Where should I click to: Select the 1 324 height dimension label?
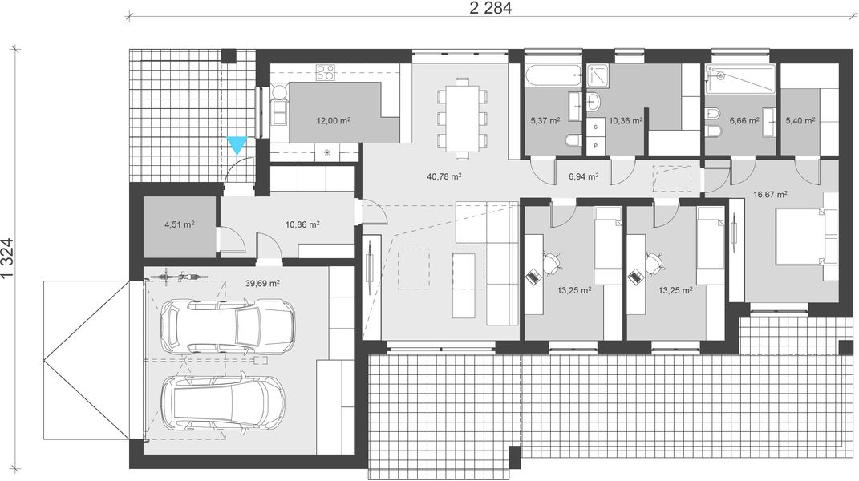[x=9, y=259]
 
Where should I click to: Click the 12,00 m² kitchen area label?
[x=333, y=121]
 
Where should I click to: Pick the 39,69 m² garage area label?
[x=262, y=283]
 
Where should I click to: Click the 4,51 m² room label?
[x=178, y=224]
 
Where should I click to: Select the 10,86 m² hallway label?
[x=303, y=224]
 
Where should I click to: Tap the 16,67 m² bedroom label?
[x=770, y=193]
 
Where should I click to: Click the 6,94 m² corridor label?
[x=583, y=176]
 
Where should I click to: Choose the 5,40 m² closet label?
[x=799, y=121]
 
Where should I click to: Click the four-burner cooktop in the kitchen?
[x=325, y=72]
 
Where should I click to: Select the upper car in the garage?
[x=226, y=325]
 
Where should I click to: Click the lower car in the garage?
[x=222, y=404]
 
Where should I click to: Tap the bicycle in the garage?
[x=178, y=276]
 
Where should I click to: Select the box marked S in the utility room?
[x=595, y=127]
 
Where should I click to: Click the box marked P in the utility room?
[x=595, y=146]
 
